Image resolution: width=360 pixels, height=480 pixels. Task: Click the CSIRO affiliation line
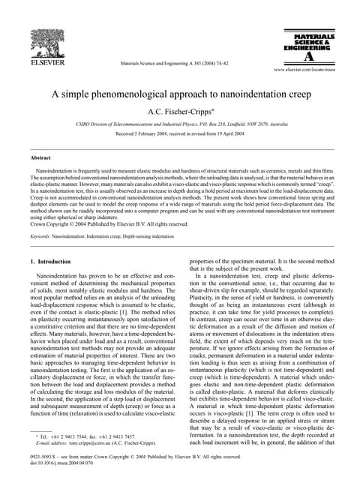[x=180, y=124]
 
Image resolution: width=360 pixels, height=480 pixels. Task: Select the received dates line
[x=180, y=134]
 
